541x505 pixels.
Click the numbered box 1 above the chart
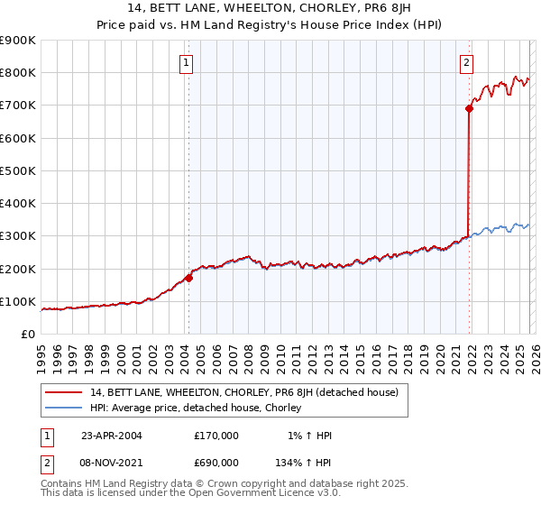pyautogui.click(x=185, y=63)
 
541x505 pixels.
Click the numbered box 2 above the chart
pyautogui.click(x=466, y=63)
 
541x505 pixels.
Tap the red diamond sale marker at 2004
pyautogui.click(x=188, y=278)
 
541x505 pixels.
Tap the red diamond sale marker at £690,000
pyautogui.click(x=469, y=108)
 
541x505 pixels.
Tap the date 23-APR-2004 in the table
pyautogui.click(x=112, y=436)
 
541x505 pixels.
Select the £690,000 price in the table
pyautogui.click(x=215, y=461)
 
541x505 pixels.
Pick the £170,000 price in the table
pyautogui.click(x=215, y=436)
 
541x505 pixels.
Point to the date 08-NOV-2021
pyautogui.click(x=112, y=461)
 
